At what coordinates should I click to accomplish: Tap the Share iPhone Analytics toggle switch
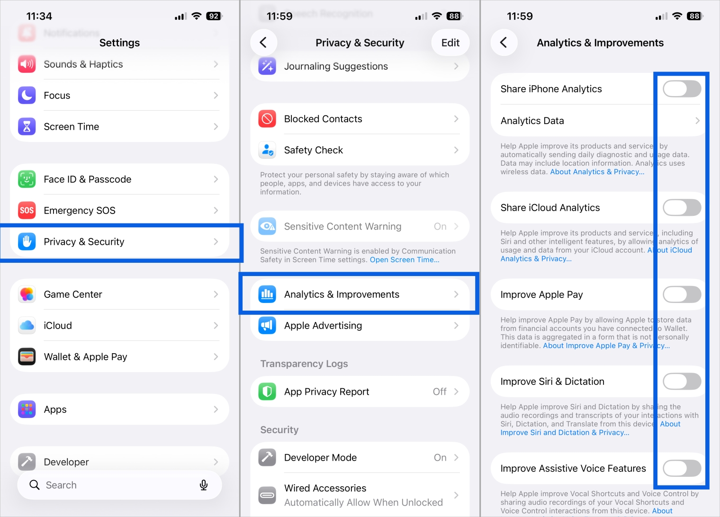(682, 89)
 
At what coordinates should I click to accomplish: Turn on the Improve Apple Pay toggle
(682, 294)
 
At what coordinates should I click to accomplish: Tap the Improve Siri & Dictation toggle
(682, 381)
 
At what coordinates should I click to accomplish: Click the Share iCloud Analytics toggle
(682, 207)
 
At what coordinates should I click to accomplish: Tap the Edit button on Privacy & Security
(450, 43)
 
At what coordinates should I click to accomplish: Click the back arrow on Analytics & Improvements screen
(504, 43)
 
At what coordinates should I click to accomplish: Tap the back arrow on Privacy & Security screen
(263, 43)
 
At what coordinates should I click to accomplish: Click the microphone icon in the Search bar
(204, 485)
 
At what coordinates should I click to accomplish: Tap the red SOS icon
(27, 210)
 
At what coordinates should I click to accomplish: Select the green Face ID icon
(27, 179)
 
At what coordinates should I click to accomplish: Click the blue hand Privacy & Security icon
(27, 241)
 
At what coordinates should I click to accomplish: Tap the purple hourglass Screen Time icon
(27, 126)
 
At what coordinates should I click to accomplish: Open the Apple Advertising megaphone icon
(267, 325)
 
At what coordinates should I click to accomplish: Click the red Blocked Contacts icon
(267, 119)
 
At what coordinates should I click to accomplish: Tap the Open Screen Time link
(404, 259)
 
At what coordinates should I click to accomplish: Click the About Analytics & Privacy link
(597, 172)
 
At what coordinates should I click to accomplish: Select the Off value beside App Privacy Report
(440, 392)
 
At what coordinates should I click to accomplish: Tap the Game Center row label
(73, 294)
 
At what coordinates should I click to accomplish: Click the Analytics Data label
(532, 121)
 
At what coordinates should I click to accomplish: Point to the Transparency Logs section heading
(304, 364)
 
